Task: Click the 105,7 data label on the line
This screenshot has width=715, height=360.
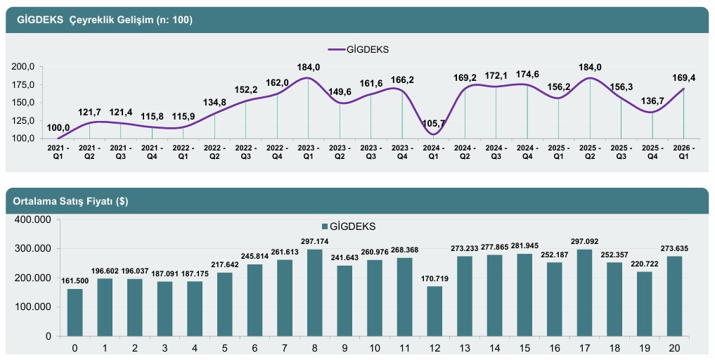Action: (x=434, y=123)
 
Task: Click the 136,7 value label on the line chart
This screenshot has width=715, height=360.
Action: (x=652, y=101)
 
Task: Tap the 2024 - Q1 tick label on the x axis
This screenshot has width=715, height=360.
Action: (x=433, y=153)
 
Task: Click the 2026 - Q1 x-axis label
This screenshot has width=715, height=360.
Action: (x=683, y=153)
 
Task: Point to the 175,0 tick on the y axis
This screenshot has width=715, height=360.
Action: (x=24, y=84)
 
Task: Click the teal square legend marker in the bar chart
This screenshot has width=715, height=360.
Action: (x=324, y=226)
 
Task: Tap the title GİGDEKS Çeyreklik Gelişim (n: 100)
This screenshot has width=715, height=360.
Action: (x=100, y=20)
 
